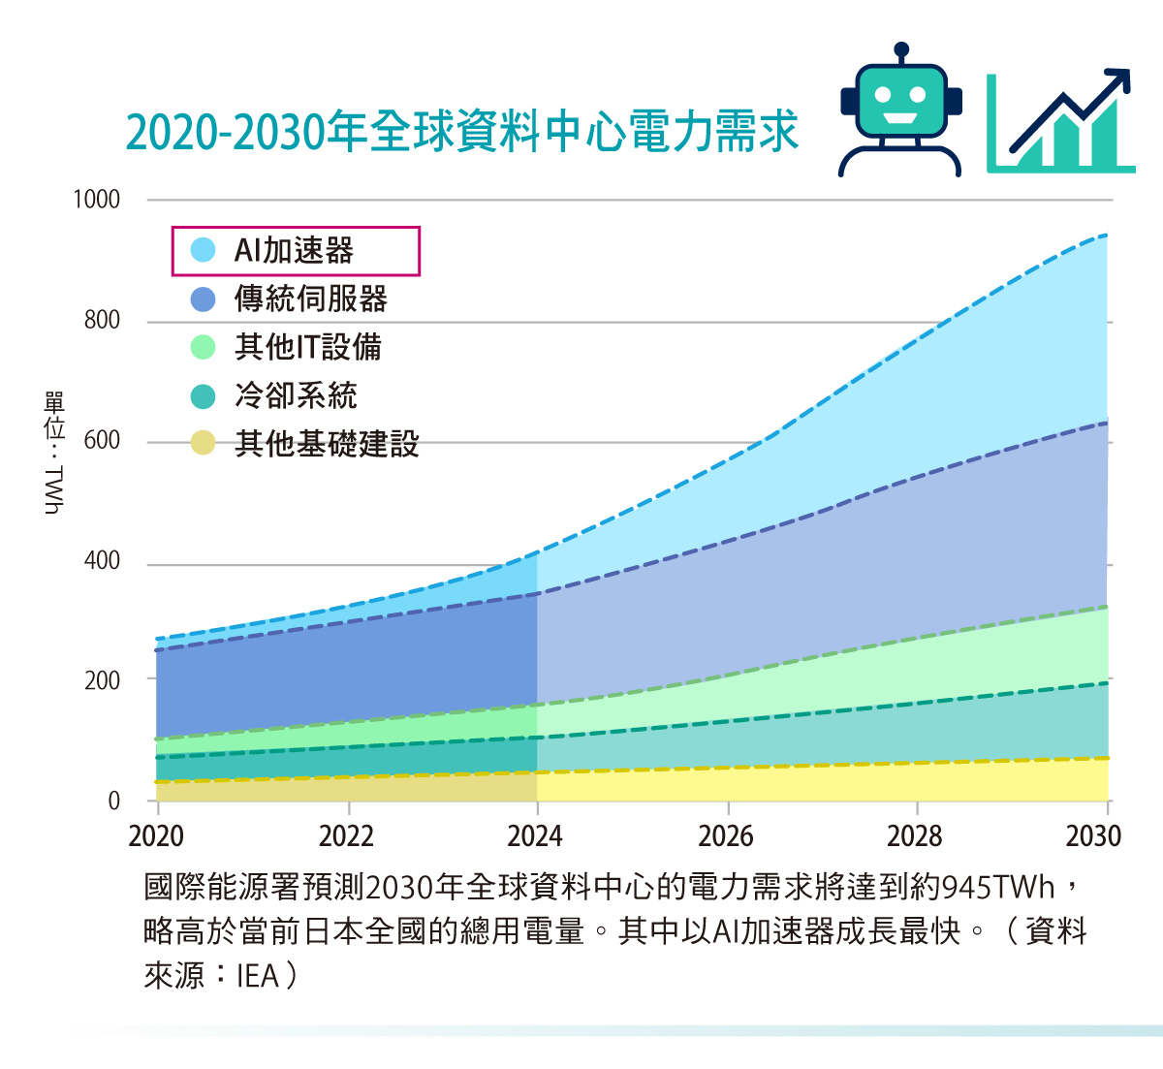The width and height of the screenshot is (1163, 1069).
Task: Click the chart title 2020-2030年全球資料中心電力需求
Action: (462, 131)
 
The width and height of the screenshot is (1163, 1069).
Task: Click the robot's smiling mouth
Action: (901, 119)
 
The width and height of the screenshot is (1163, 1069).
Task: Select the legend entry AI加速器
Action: (295, 251)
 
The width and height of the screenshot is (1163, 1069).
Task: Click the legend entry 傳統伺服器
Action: (310, 299)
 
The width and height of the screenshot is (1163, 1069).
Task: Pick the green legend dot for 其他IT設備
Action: (203, 347)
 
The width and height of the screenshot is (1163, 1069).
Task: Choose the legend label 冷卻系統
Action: (296, 395)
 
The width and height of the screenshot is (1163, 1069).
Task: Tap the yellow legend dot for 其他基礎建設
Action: (203, 444)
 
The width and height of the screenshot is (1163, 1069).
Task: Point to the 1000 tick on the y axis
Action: (97, 200)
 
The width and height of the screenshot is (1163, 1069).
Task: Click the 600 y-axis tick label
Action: (102, 441)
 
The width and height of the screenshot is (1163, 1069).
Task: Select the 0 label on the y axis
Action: (114, 802)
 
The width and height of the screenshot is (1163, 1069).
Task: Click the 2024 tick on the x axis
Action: (535, 836)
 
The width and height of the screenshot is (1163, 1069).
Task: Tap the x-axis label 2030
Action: (1093, 836)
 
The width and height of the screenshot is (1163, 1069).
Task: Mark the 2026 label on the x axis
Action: (726, 836)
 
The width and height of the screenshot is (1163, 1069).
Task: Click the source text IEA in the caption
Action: (257, 975)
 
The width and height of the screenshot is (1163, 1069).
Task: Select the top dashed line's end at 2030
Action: (1106, 236)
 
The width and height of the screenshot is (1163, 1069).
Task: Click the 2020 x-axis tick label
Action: (156, 836)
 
